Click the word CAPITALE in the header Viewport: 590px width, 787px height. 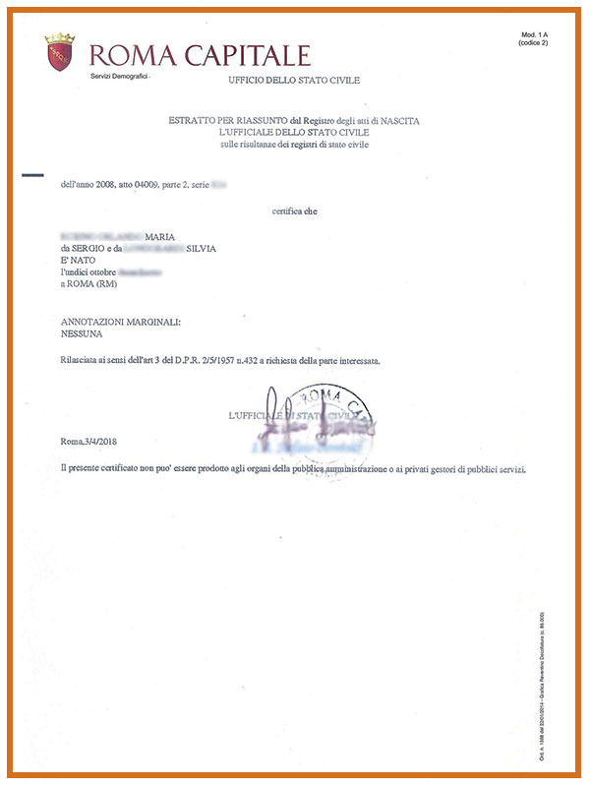pos(245,55)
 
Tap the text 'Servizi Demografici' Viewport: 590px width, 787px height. pos(119,76)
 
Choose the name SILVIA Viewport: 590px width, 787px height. pos(200,249)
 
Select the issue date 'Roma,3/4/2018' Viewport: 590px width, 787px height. pos(95,446)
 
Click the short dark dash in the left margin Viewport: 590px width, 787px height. pos(32,177)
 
